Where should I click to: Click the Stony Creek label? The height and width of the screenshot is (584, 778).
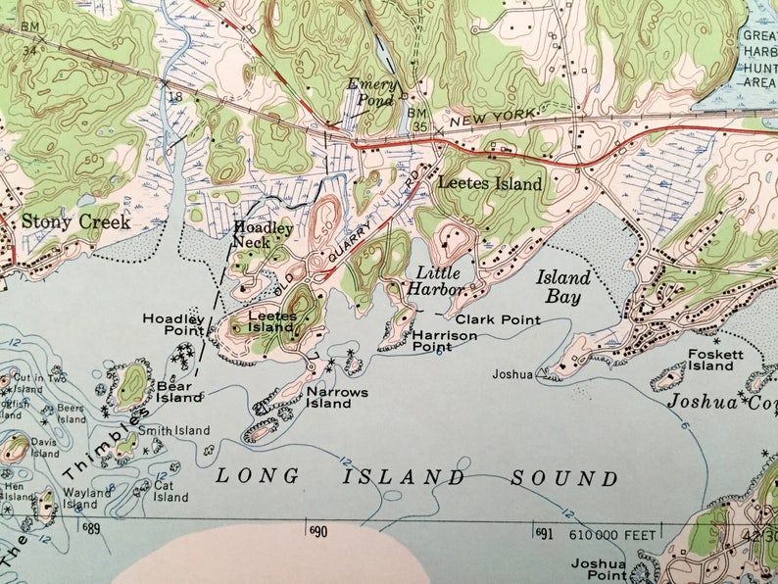(x=75, y=222)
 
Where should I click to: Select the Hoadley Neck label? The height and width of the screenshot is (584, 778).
(x=263, y=234)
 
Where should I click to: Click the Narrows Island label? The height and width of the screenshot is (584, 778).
(x=337, y=397)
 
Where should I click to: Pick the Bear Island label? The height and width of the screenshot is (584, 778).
(x=178, y=392)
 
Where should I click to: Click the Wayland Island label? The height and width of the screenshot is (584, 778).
(x=87, y=498)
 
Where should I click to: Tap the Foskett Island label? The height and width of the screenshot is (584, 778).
(x=709, y=360)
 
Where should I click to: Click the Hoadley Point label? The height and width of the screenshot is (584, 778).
(x=173, y=324)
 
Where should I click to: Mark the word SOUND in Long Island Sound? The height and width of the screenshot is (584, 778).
(x=564, y=479)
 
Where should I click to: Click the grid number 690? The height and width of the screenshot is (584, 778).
(x=317, y=531)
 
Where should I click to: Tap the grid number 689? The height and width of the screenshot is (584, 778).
(x=92, y=529)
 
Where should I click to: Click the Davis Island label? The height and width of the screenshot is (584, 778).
(x=45, y=447)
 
